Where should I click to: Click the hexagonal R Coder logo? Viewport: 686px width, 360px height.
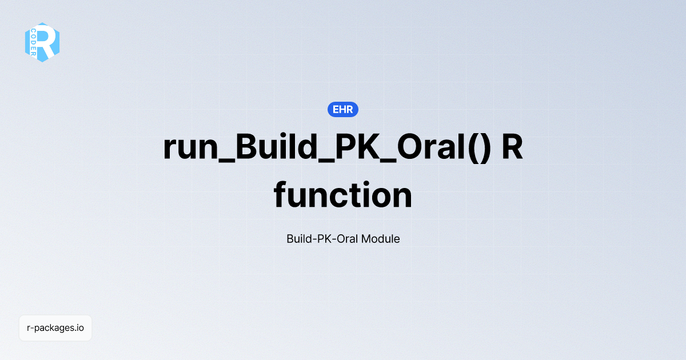point(42,42)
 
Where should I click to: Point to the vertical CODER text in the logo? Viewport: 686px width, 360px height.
point(34,42)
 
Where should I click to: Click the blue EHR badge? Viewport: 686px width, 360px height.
point(343,109)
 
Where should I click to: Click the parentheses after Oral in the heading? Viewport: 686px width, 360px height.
point(481,147)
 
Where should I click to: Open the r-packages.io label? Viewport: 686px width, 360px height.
point(55,328)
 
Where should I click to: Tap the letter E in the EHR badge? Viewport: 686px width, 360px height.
point(336,109)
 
